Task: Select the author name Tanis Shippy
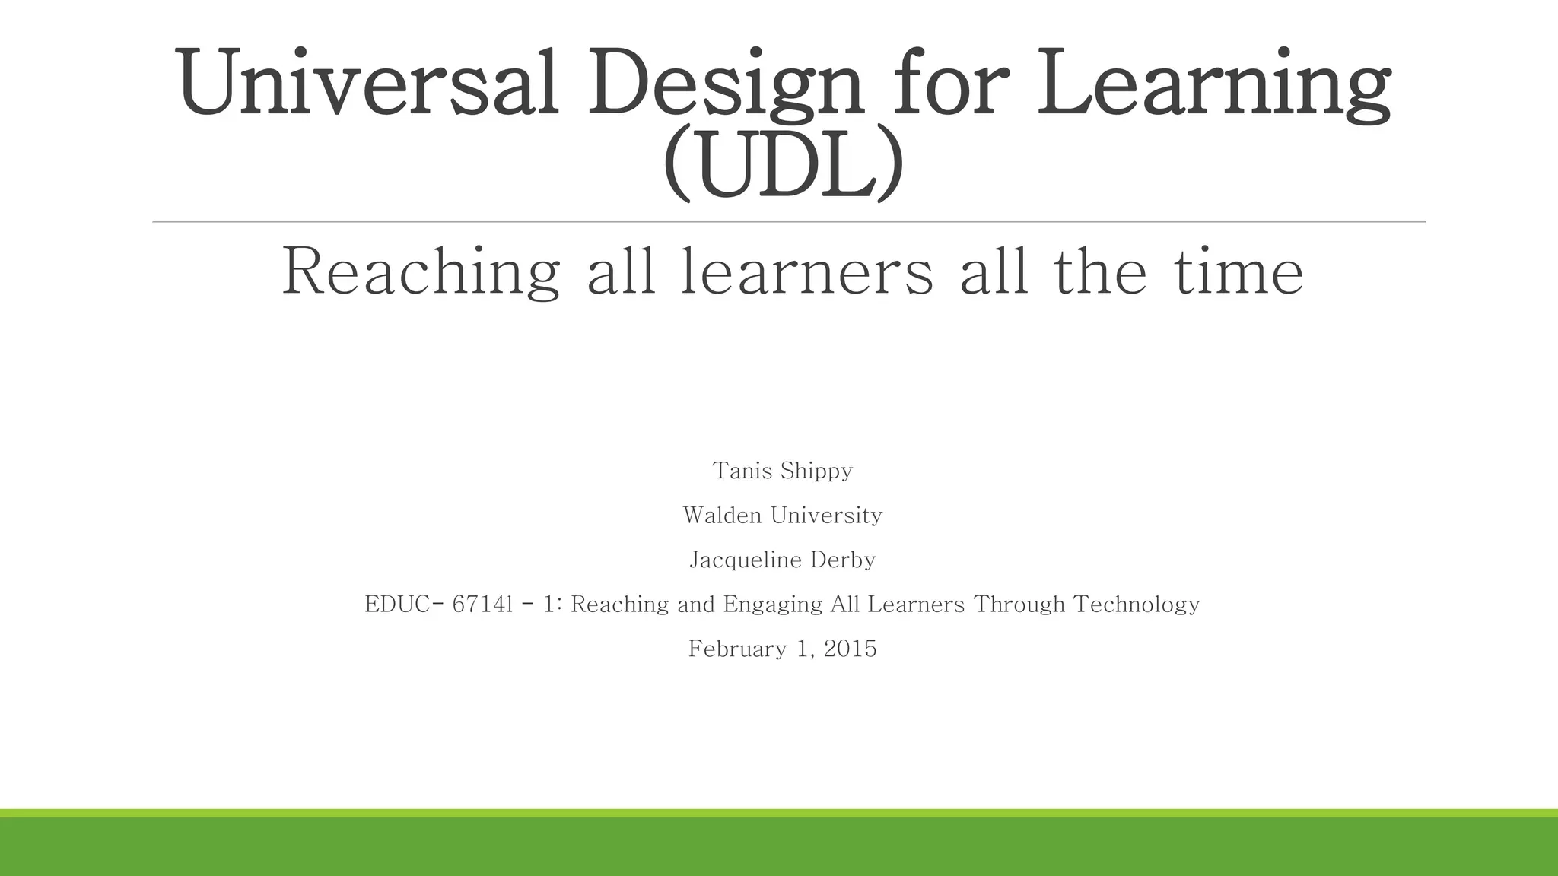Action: (x=782, y=471)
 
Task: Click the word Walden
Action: (x=722, y=516)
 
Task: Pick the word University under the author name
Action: (x=826, y=516)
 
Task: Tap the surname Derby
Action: (x=843, y=560)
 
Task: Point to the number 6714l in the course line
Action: (x=482, y=605)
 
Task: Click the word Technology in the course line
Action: (x=1137, y=605)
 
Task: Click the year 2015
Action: (x=851, y=649)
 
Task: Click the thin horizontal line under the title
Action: (x=789, y=222)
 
